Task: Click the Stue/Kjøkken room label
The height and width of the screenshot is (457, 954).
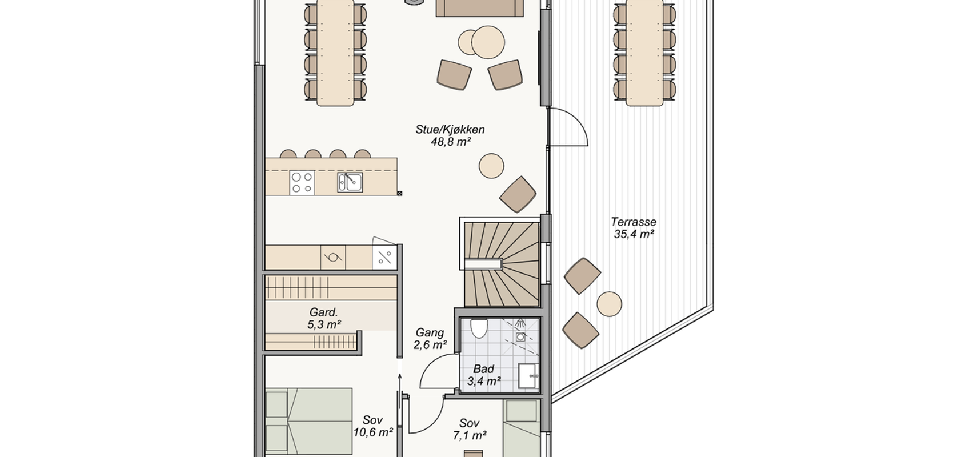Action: click(450, 130)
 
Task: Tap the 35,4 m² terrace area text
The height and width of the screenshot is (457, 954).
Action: click(634, 234)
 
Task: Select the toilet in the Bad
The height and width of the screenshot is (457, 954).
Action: click(479, 328)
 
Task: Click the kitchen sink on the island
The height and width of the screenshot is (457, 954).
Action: click(350, 182)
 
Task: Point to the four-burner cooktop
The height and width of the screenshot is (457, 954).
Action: click(302, 183)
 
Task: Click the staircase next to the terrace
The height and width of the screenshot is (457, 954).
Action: click(502, 264)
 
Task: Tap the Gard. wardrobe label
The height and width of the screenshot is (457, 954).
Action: click(324, 312)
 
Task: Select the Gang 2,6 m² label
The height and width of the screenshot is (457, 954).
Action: click(430, 339)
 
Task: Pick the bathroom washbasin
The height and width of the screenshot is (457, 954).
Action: click(528, 376)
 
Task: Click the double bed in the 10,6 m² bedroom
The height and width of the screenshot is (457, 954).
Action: click(309, 421)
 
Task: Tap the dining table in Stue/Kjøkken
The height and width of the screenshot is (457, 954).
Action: click(335, 53)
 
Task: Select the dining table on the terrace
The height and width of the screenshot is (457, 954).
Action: click(644, 53)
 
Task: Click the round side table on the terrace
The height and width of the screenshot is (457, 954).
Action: click(609, 304)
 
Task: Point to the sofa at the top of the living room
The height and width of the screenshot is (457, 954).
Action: click(479, 7)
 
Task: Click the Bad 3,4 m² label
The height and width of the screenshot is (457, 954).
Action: click(484, 375)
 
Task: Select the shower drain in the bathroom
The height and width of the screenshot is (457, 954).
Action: click(520, 337)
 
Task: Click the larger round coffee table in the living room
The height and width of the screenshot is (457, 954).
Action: click(488, 42)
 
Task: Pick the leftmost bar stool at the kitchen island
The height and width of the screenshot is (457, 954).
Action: click(288, 154)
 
